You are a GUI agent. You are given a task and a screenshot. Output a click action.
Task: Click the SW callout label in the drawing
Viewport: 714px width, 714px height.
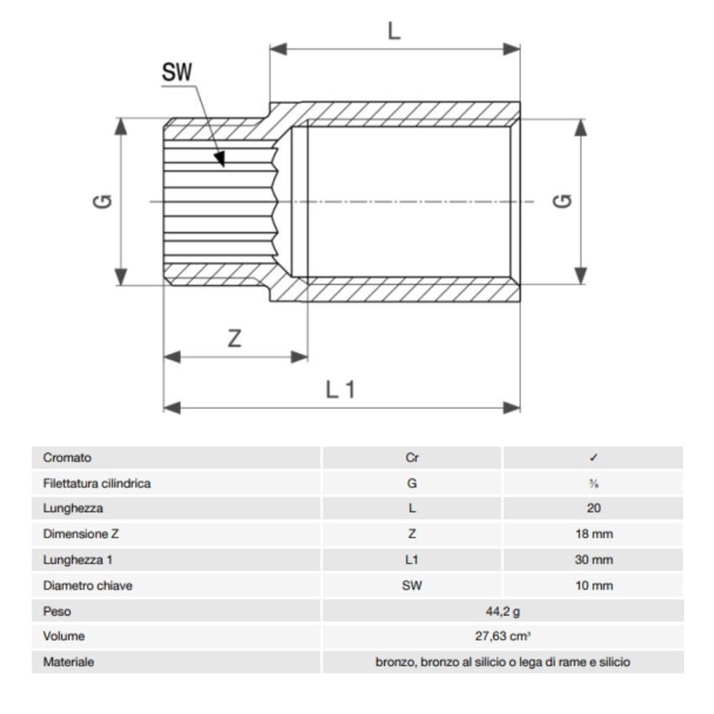pos(176,72)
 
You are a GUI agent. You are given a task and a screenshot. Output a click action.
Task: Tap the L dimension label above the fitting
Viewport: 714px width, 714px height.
pos(394,31)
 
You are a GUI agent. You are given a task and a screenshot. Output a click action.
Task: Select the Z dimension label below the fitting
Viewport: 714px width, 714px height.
pos(235,339)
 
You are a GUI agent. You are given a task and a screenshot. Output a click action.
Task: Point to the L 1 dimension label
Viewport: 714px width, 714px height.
pos(341,389)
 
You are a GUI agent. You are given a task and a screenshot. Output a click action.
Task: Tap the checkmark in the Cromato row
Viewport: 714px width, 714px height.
pos(593,459)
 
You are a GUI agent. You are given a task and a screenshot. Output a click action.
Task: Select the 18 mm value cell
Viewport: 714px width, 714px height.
pos(594,534)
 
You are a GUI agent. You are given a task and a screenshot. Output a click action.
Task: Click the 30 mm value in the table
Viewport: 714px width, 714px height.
pos(594,560)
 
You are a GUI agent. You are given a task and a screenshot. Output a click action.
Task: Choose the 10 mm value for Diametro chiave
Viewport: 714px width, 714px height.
pos(594,585)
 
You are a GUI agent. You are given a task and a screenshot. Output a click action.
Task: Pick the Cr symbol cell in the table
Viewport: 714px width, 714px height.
pos(412,459)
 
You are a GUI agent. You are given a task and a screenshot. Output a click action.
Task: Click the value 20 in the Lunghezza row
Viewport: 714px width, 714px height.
pos(594,509)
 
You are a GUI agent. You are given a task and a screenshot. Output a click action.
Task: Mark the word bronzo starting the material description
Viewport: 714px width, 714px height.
pos(393,663)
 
